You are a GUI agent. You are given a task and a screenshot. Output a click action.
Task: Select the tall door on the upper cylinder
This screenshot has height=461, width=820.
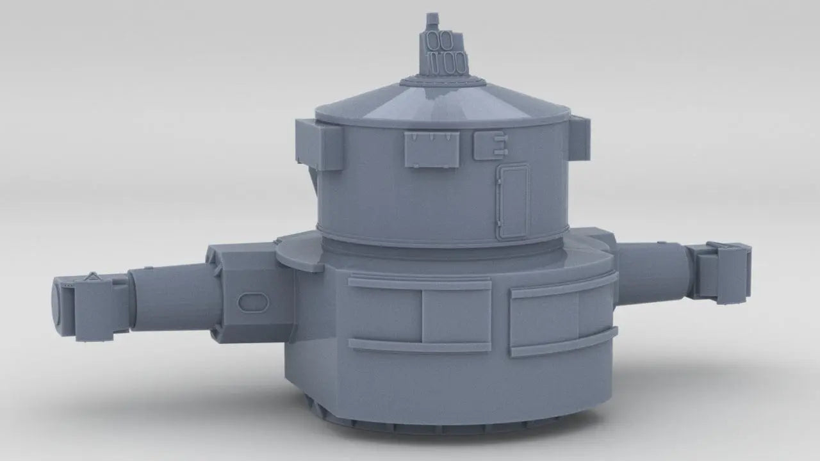point(513,200)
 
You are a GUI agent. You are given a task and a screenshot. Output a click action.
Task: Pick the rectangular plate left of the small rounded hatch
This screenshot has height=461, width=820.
point(432,149)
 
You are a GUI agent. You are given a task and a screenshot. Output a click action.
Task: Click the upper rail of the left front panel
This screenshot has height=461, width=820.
point(420,283)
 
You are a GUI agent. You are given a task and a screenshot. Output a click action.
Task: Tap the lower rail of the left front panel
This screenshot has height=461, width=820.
point(420,346)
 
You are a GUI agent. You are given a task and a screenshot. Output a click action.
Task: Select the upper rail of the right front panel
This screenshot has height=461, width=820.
point(564,286)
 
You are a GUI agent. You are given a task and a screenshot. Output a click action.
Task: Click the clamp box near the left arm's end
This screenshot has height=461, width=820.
point(94,307)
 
